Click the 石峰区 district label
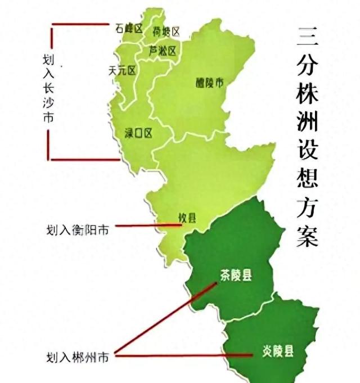point(128,28)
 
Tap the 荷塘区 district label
point(166,31)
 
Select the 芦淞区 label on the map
point(163,51)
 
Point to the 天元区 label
point(123,70)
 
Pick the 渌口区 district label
point(138,133)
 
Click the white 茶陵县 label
point(235,275)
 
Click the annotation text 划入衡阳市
point(78,229)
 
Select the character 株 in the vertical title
point(307,94)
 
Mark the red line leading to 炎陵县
point(186,354)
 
